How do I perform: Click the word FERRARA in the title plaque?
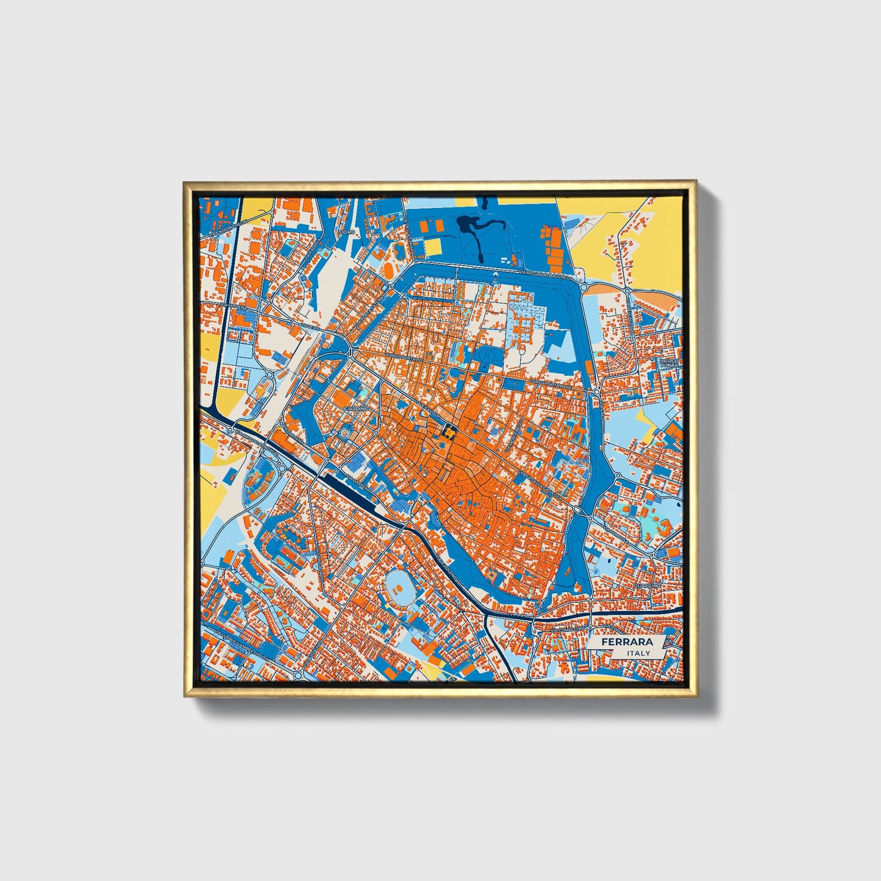click(627, 642)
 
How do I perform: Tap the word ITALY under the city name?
click(638, 653)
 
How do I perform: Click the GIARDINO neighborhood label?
click(357, 407)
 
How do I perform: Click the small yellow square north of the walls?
click(432, 247)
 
